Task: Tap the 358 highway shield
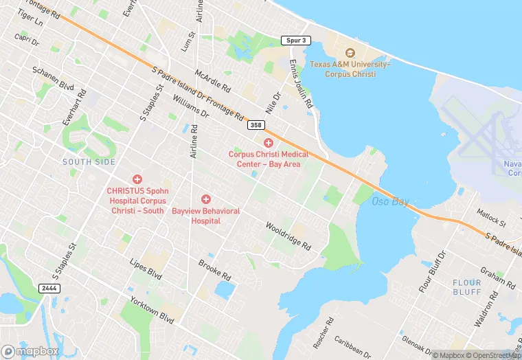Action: coord(256,126)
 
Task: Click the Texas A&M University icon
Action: coord(350,53)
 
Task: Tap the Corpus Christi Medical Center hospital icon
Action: coord(269,142)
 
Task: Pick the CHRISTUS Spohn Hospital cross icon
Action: coord(137,179)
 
